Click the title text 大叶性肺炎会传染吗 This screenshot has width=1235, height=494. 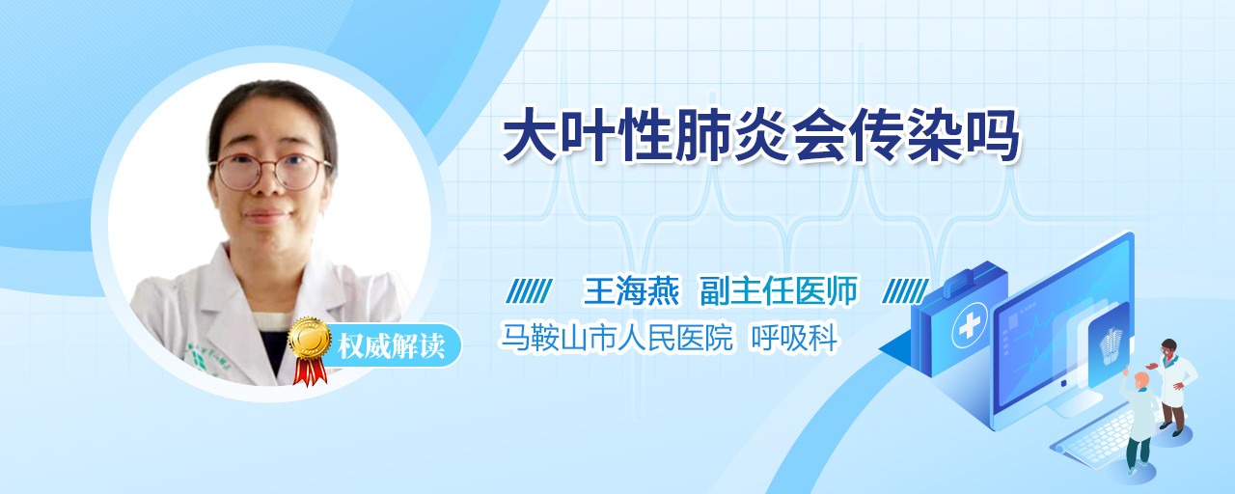761,136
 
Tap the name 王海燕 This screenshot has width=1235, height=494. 632,290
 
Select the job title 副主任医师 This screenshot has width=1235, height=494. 779,290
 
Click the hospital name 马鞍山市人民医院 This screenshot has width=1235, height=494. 617,337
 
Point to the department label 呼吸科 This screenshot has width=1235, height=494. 794,337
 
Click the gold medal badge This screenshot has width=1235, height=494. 310,338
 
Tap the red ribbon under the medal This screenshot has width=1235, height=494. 310,371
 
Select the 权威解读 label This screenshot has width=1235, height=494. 391,345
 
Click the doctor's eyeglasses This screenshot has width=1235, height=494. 271,172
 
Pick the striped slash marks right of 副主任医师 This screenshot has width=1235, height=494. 905,291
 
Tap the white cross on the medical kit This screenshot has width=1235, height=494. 969,326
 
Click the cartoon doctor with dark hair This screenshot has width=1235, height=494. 1174,387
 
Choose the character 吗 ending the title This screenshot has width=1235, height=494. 993,136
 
